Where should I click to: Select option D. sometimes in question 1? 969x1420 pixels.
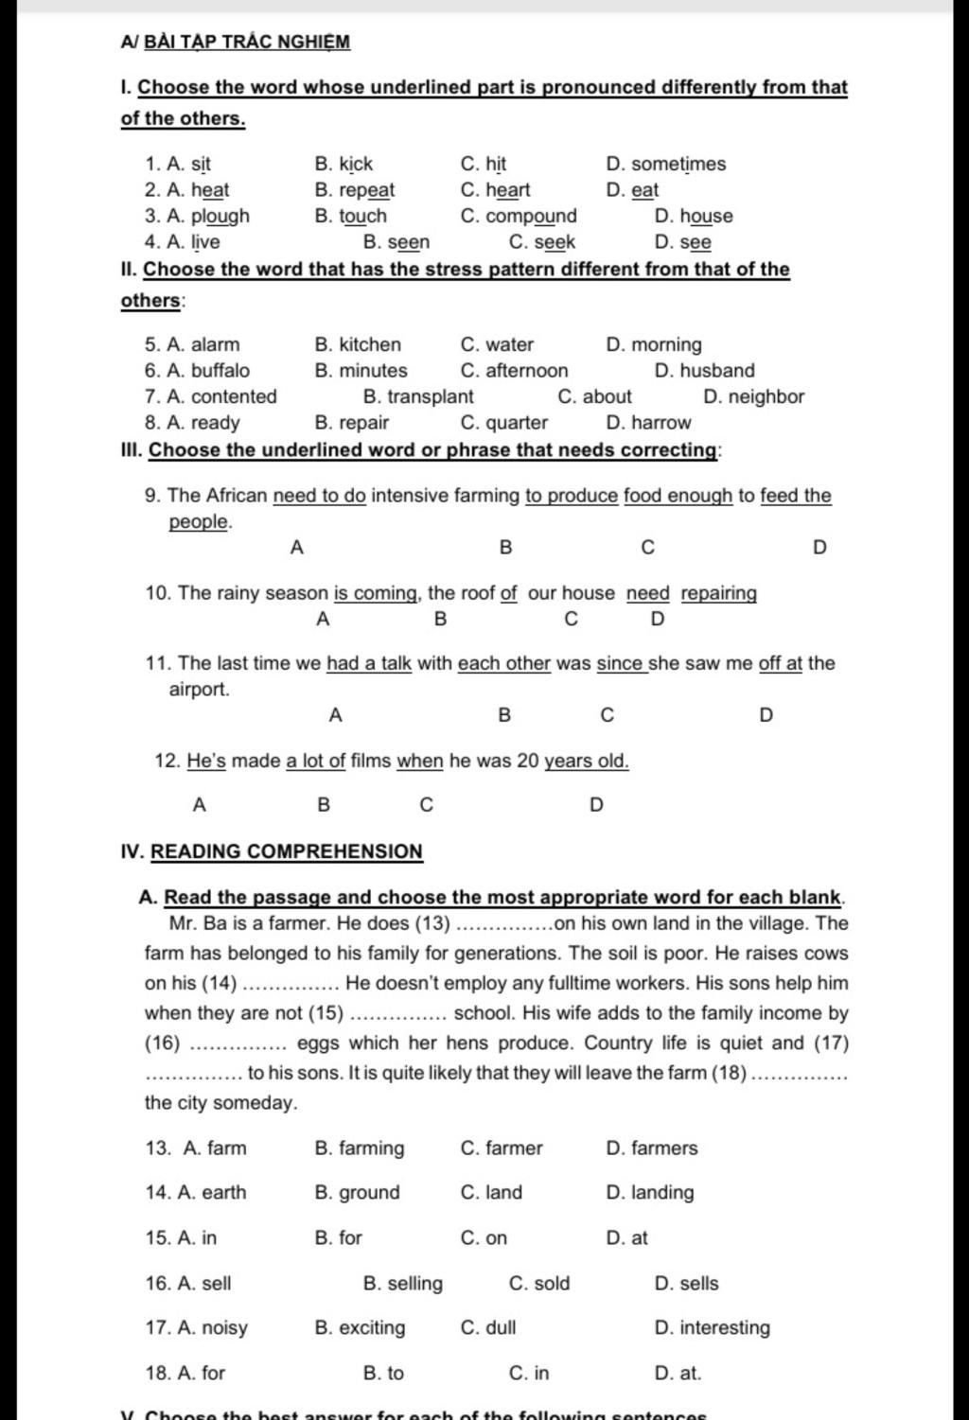666,164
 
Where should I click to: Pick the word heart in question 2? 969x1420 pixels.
508,190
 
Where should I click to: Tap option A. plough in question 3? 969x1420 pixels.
207,216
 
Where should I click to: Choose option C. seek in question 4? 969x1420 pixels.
541,242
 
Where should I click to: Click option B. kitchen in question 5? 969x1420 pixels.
358,344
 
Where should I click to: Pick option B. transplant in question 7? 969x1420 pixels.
418,396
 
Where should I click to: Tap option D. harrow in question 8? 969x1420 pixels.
648,423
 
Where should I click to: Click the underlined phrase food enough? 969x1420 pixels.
678,496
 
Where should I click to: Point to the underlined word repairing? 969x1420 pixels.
718,593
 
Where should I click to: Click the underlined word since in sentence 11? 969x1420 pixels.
621,663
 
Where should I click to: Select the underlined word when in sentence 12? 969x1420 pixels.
420,761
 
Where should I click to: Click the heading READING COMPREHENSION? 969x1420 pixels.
287,851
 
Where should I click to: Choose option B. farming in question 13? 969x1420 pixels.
359,1148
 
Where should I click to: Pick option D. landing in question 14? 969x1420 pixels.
649,1193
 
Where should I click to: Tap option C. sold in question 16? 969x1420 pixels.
539,1284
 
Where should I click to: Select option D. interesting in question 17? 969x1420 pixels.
712,1328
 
